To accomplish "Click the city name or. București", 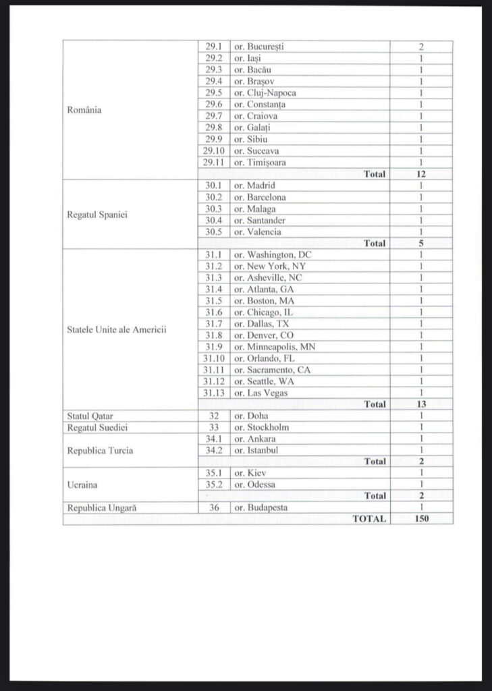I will pyautogui.click(x=258, y=47).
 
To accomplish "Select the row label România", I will pyautogui.click(x=84, y=110).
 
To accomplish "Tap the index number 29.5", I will pyautogui.click(x=213, y=93).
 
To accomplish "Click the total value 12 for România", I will pyautogui.click(x=421, y=174).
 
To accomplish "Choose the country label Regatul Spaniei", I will pyautogui.click(x=97, y=215).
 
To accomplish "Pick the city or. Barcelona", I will pyautogui.click(x=260, y=198).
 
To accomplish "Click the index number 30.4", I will pyautogui.click(x=213, y=221).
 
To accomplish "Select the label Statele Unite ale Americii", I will pyautogui.click(x=117, y=330).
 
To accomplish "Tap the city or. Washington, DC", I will pyautogui.click(x=273, y=255).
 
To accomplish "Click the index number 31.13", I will pyautogui.click(x=213, y=393).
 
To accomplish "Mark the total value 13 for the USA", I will pyautogui.click(x=421, y=404).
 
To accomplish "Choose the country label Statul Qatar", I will pyautogui.click(x=90, y=416).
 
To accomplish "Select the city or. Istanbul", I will pyautogui.click(x=256, y=450).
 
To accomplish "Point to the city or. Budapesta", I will pyautogui.click(x=261, y=507).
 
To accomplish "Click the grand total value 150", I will pyautogui.click(x=421, y=519).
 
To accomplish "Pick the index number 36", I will pyautogui.click(x=213, y=507).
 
